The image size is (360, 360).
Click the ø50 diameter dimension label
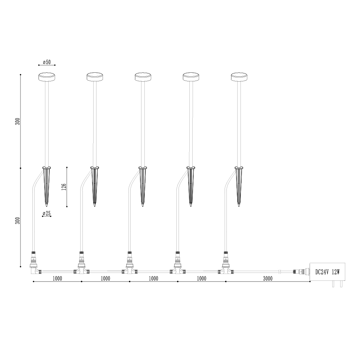pyautogui.click(x=47, y=62)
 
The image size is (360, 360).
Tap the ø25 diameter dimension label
pyautogui.click(x=46, y=213)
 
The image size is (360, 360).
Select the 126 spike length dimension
pyautogui.click(x=64, y=187)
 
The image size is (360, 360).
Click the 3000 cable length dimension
pyautogui.click(x=268, y=279)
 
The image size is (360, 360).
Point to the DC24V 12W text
pyautogui.click(x=327, y=272)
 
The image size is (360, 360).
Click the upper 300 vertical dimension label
pyautogui.click(x=18, y=121)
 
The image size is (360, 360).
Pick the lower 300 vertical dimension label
pyautogui.click(x=18, y=221)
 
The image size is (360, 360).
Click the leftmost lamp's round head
pyautogui.click(x=47, y=77)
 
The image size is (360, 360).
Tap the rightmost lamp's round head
pyautogui.click(x=239, y=77)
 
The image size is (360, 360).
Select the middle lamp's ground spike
pyautogui.click(x=143, y=186)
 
